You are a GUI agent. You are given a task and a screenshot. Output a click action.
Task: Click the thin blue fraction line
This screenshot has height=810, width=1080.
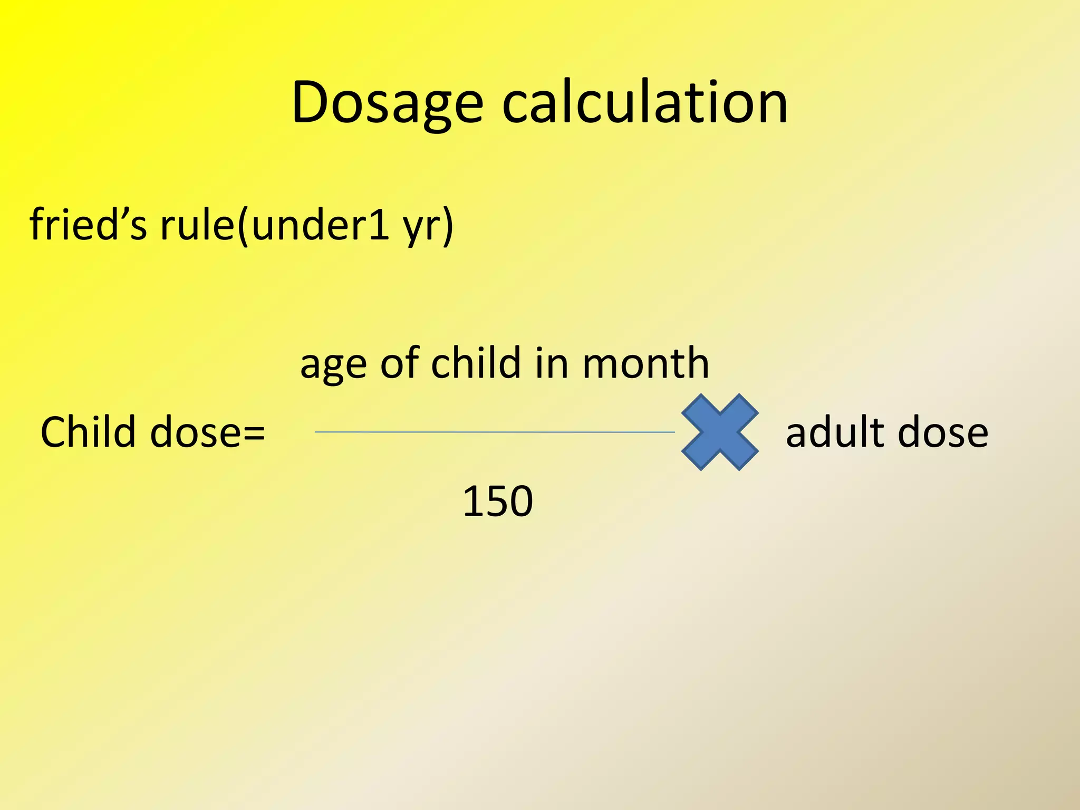495,432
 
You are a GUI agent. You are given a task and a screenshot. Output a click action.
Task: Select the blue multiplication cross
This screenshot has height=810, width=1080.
720,432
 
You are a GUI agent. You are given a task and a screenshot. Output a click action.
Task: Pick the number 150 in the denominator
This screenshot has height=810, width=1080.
497,501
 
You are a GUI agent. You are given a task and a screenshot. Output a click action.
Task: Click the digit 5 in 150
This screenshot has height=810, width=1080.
497,501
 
